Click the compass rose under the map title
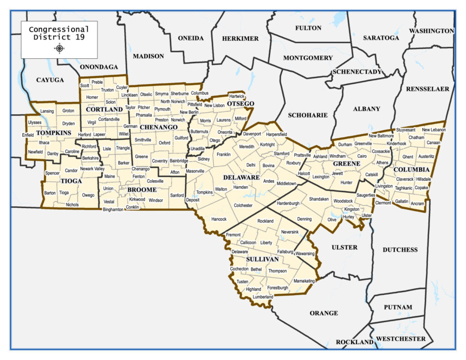(59, 48)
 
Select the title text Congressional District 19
(59, 33)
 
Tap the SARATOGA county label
(381, 38)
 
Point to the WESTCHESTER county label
(401, 339)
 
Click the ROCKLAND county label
(355, 342)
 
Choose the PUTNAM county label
(398, 307)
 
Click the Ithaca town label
(44, 142)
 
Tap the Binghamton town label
(113, 209)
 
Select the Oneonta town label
(225, 132)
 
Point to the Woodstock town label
(343, 201)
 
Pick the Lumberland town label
(263, 297)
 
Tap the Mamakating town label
(304, 281)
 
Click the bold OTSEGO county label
(240, 104)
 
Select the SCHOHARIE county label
(308, 115)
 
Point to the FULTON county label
(308, 28)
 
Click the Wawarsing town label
(305, 253)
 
